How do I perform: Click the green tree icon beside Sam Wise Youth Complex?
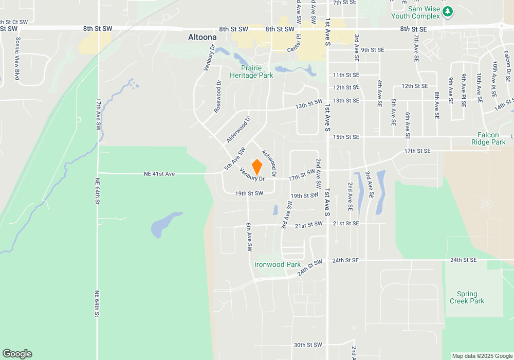[x=448, y=11]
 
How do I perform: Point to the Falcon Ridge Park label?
[x=488, y=138]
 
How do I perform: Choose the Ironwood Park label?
[x=278, y=264]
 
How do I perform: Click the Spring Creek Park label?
[x=467, y=298]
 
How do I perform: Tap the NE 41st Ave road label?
[x=159, y=174]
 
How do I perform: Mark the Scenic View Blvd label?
[x=17, y=58]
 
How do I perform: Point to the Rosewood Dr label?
[x=218, y=96]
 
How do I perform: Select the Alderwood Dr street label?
[x=238, y=130]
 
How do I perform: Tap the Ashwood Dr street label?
[x=269, y=164]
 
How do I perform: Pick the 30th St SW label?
[x=307, y=345]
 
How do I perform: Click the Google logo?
[x=17, y=354]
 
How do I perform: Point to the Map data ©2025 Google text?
[x=482, y=356]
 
